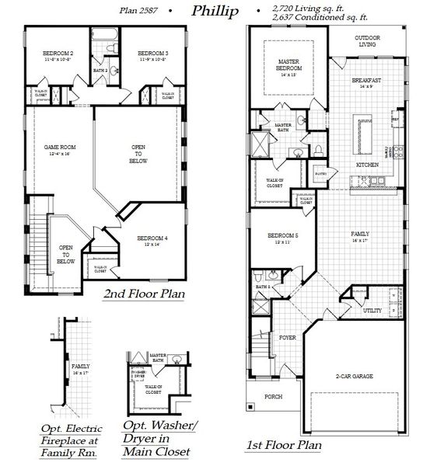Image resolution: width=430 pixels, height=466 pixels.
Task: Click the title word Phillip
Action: tap(215, 11)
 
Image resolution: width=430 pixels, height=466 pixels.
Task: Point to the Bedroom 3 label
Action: tap(153, 53)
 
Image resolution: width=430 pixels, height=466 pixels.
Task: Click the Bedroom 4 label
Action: tap(152, 238)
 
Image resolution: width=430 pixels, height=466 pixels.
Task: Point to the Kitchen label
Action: tap(367, 165)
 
